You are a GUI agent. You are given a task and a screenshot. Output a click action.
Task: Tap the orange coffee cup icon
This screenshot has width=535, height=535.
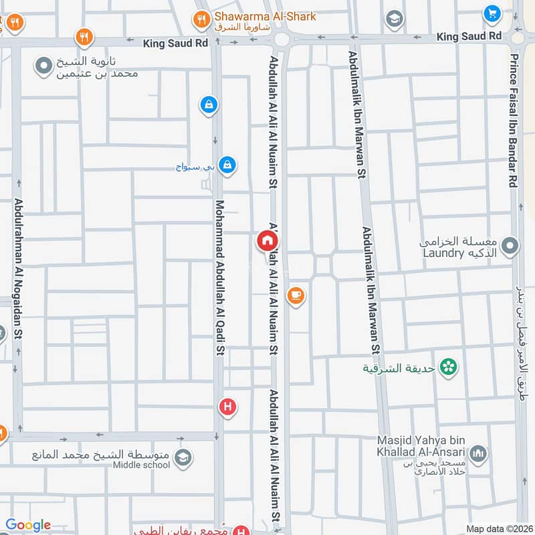296,295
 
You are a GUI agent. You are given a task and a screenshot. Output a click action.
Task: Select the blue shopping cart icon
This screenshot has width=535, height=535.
492,13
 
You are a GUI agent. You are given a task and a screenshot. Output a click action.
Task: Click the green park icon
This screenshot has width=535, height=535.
449,366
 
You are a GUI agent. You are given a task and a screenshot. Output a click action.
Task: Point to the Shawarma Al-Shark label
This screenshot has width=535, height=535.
265,16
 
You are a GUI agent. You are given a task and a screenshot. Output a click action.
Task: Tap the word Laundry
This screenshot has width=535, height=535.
443,253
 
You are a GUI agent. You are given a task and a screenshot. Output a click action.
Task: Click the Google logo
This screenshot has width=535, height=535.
28,525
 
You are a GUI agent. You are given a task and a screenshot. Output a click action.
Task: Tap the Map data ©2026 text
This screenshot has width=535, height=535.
500,528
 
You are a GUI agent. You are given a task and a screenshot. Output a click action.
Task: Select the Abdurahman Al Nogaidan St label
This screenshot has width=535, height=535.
17,267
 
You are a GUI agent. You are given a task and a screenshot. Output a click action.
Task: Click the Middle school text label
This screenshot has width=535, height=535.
141,465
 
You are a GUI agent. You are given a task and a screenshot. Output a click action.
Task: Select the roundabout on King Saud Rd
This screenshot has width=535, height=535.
282,39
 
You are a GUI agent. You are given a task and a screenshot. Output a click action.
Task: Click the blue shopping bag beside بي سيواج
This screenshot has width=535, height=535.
227,164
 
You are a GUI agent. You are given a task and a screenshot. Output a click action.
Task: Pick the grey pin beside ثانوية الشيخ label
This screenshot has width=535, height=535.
44,66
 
